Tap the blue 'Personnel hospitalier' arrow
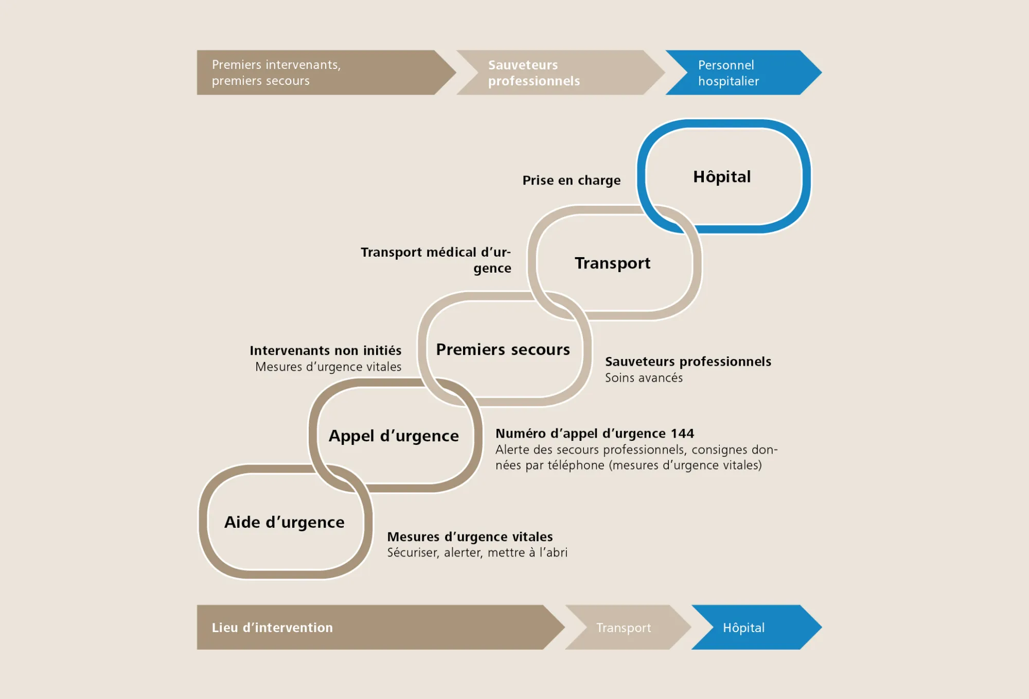pos(741,73)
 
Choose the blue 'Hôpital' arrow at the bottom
pos(751,628)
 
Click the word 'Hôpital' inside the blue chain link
pos(722,177)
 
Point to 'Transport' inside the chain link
pos(612,263)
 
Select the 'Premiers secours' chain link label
pos(503,350)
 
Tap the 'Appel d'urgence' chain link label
pos(394,436)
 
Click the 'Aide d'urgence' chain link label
pos(284,523)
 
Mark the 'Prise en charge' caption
pos(571,181)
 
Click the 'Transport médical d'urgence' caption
pos(436,260)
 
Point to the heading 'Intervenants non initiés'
pos(325,351)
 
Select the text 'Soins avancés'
pos(644,378)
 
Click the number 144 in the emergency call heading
pos(682,434)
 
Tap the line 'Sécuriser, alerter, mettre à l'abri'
pos(477,553)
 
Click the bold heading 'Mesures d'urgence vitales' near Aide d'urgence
pos(470,537)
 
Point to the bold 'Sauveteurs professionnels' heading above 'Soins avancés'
pos(688,362)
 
